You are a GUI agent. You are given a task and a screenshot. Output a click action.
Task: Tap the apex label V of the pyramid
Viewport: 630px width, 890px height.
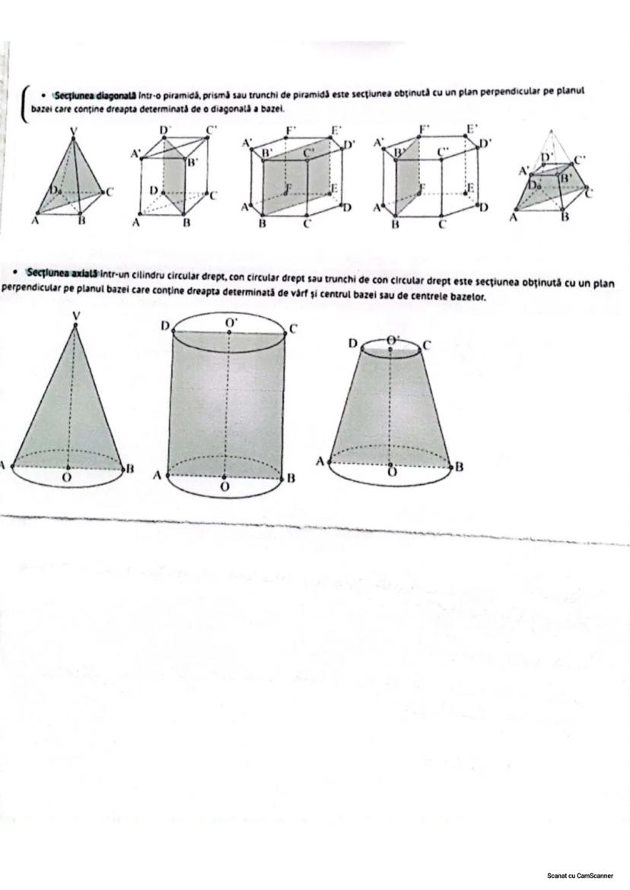coord(74,131)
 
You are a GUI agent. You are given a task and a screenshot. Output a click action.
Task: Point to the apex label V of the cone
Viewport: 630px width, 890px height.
coord(75,315)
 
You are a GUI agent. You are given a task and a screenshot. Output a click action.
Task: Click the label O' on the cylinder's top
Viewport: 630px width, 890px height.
coord(231,322)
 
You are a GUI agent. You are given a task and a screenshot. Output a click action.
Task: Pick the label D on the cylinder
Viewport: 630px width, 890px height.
coord(164,325)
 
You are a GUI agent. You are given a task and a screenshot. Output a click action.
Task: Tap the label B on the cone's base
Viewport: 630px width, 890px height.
coord(131,469)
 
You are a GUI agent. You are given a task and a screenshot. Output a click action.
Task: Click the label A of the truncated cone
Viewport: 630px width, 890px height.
coord(320,461)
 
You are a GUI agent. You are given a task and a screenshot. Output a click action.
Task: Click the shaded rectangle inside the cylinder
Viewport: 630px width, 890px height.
coord(227,403)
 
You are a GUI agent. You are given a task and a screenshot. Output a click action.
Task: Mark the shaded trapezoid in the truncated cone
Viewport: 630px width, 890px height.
coord(390,410)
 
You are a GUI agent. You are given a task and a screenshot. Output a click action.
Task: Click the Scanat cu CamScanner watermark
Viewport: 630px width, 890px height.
coord(580,876)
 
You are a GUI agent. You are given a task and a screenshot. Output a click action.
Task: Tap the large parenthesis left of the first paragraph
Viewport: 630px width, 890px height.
coord(24,100)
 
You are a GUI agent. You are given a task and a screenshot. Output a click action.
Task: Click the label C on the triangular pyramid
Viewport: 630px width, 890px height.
coord(109,192)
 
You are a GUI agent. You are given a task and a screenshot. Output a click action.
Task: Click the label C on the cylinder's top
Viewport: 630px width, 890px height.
coord(293,328)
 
